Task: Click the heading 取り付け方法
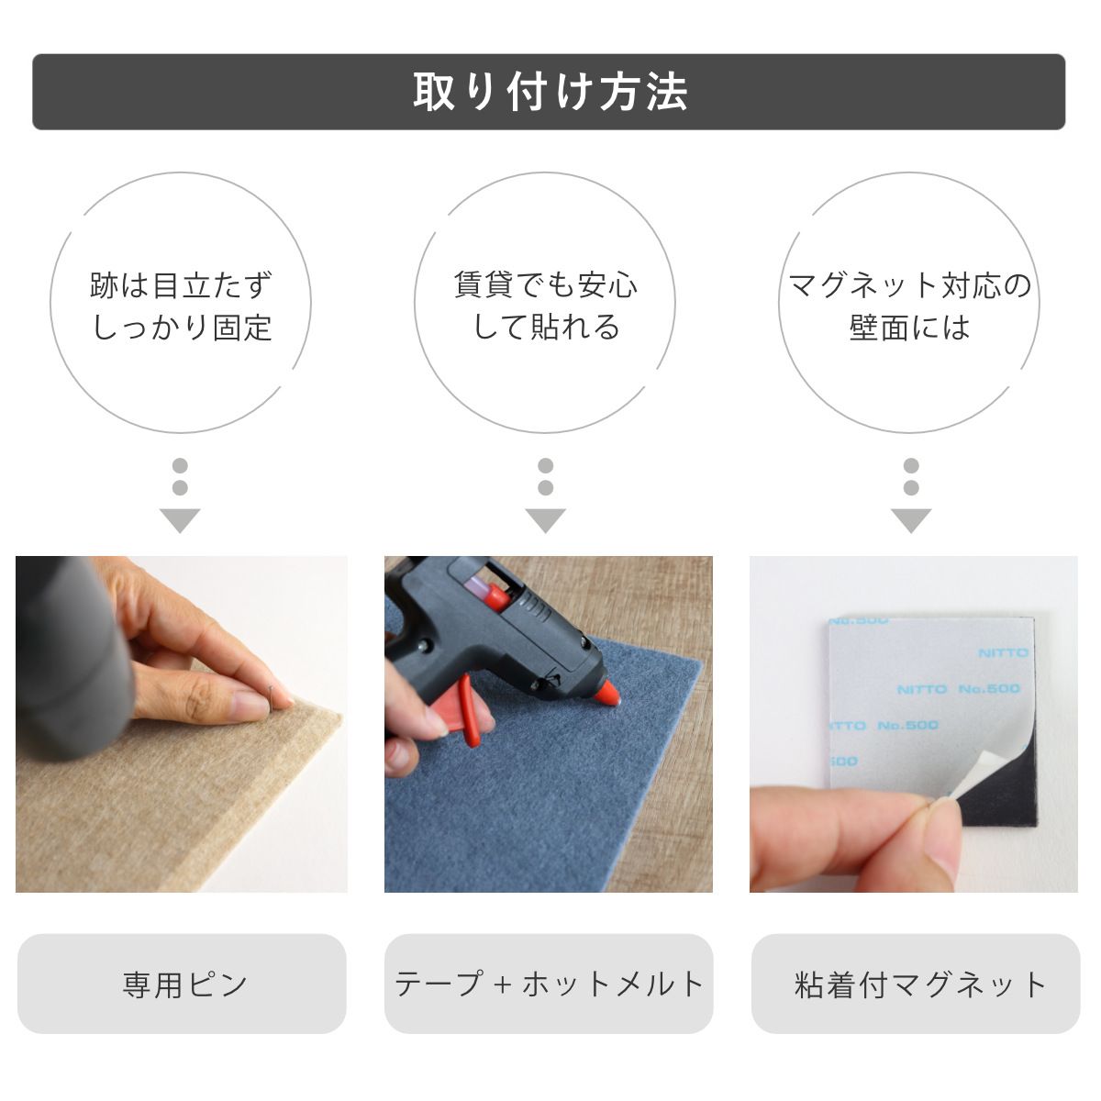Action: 549,92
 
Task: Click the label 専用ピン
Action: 184,984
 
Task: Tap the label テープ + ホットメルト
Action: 549,984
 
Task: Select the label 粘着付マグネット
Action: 920,984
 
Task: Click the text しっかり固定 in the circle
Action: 183,328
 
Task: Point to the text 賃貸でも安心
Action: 546,284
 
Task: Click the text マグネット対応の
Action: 910,284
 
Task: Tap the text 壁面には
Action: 909,328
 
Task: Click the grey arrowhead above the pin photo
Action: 180,520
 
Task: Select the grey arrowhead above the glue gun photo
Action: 546,520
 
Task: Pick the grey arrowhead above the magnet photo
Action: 911,520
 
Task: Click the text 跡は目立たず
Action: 182,284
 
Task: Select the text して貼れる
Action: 546,328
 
